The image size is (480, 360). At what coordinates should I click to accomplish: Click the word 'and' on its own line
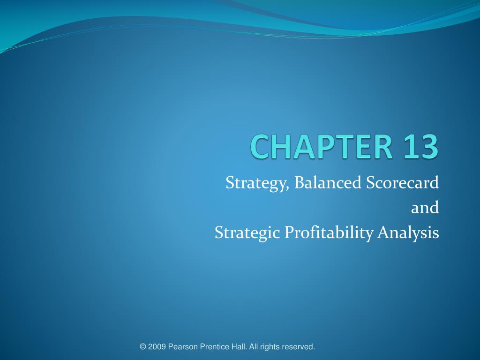tap(425, 207)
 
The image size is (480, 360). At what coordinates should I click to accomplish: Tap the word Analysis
tap(408, 232)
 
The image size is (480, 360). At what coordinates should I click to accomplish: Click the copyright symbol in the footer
tap(143, 347)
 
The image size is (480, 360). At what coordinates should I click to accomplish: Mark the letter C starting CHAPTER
tap(259, 146)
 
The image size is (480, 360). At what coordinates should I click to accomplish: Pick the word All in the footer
tap(254, 347)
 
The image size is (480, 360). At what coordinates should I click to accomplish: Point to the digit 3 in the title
tap(429, 146)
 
